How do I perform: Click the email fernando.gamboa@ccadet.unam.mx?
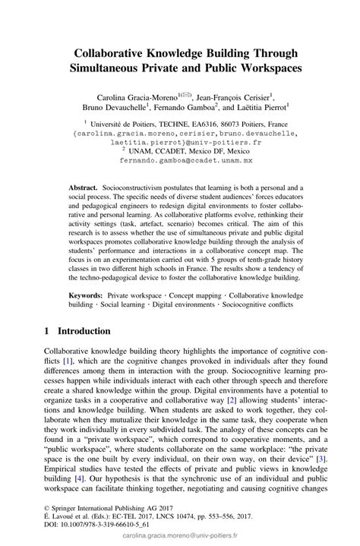tap(180, 161)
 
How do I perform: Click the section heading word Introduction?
tap(84, 331)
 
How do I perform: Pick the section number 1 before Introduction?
tap(48, 331)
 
